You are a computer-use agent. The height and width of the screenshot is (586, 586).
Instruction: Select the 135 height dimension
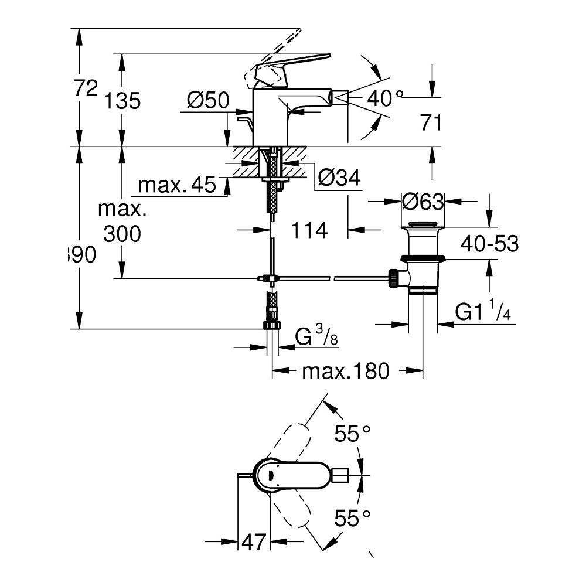coord(122,101)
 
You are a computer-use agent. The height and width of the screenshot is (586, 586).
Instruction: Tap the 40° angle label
coord(386,98)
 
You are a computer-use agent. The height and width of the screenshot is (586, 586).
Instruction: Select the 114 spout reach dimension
coord(309,230)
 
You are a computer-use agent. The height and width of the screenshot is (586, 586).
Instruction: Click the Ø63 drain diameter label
coord(423,202)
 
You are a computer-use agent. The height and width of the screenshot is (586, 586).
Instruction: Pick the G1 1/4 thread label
coord(483,313)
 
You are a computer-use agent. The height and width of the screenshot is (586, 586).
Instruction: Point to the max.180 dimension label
coord(346,371)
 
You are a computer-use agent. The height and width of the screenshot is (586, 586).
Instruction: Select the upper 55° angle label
coord(353,434)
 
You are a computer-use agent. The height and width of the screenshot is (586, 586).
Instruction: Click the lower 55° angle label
coord(353,518)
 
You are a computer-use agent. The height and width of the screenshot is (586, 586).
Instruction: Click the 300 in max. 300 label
coord(122,234)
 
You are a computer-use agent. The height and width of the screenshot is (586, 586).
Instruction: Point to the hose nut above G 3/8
coord(272,325)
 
